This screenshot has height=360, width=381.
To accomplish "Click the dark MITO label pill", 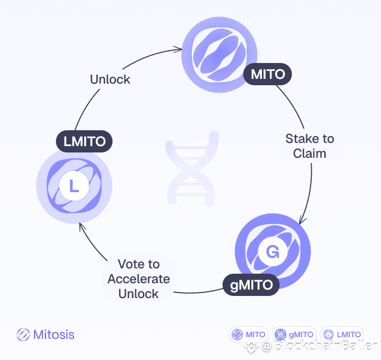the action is coord(268,75).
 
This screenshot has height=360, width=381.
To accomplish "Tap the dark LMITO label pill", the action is coord(85,141).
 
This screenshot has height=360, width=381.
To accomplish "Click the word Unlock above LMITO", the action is coord(110,79).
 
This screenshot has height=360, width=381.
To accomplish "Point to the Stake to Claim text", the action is coord(310,146).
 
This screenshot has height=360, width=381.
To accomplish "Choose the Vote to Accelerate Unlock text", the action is coord(139,278).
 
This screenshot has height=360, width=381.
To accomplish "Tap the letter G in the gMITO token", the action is coord(273,252).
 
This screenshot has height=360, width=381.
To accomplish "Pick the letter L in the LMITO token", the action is coord(74,186).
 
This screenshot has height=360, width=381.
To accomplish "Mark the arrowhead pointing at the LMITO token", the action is coord(80,227).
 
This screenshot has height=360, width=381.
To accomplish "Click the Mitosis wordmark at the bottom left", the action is coord(53,335).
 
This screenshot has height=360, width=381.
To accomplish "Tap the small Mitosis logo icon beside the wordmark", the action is coord(23,335).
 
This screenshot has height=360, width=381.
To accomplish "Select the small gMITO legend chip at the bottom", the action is coord(294,335).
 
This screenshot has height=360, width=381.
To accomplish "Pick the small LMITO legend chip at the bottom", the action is coord(342,335).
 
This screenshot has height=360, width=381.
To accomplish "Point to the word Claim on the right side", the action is coord(310,154).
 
